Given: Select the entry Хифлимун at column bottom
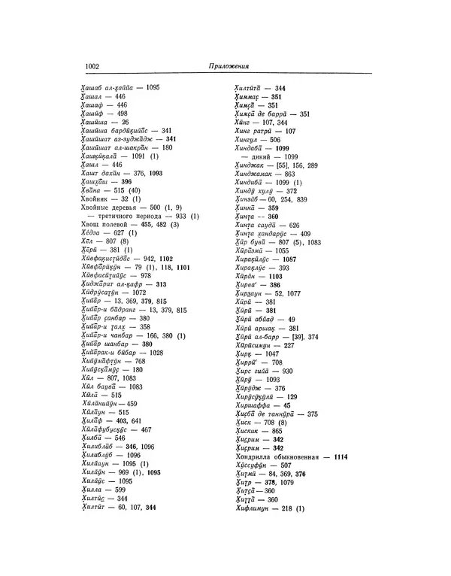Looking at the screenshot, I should point(256,510).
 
